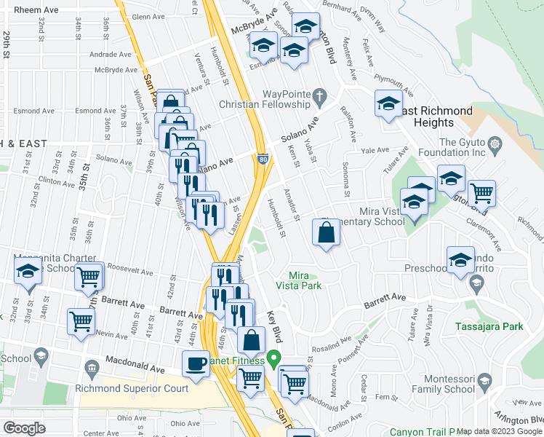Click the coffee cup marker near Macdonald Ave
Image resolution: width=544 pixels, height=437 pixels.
pyautogui.click(x=195, y=363)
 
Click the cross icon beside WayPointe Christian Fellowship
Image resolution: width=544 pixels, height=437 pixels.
pyautogui.click(x=319, y=94)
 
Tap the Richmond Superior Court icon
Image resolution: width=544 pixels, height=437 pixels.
pyautogui.click(x=91, y=366)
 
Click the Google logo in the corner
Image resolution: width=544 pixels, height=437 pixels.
pyautogui.click(x=24, y=428)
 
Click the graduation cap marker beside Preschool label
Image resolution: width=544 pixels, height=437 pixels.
pyautogui.click(x=460, y=260)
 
